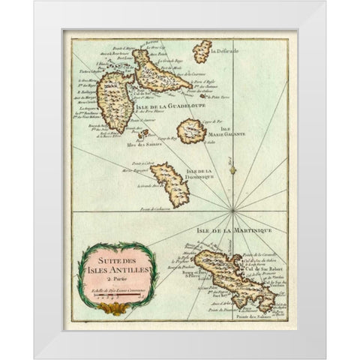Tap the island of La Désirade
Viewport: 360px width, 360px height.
pos(202,51)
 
